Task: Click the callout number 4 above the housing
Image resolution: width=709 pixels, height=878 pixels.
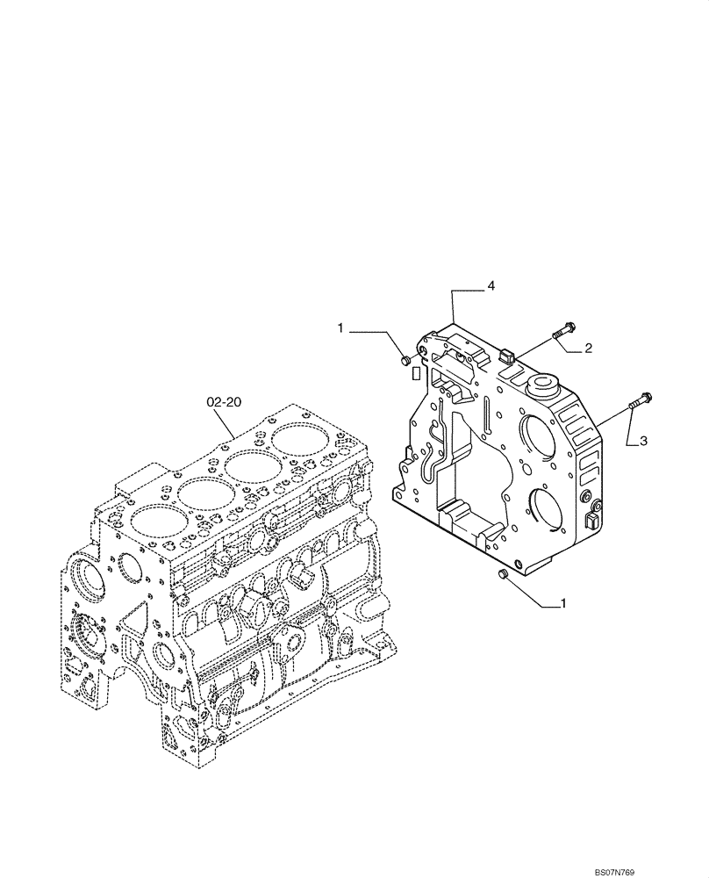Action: tap(491, 286)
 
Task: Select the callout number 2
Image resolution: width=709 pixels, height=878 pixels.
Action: tap(588, 349)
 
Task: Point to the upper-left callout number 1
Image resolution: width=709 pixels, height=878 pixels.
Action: tap(340, 328)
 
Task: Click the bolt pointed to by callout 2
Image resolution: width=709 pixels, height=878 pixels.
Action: tap(562, 332)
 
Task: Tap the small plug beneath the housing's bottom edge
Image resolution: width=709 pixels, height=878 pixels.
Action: tap(504, 573)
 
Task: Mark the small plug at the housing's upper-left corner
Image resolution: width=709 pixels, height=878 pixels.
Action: tap(404, 360)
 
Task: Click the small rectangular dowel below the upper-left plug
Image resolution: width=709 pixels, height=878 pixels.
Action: tap(408, 375)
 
